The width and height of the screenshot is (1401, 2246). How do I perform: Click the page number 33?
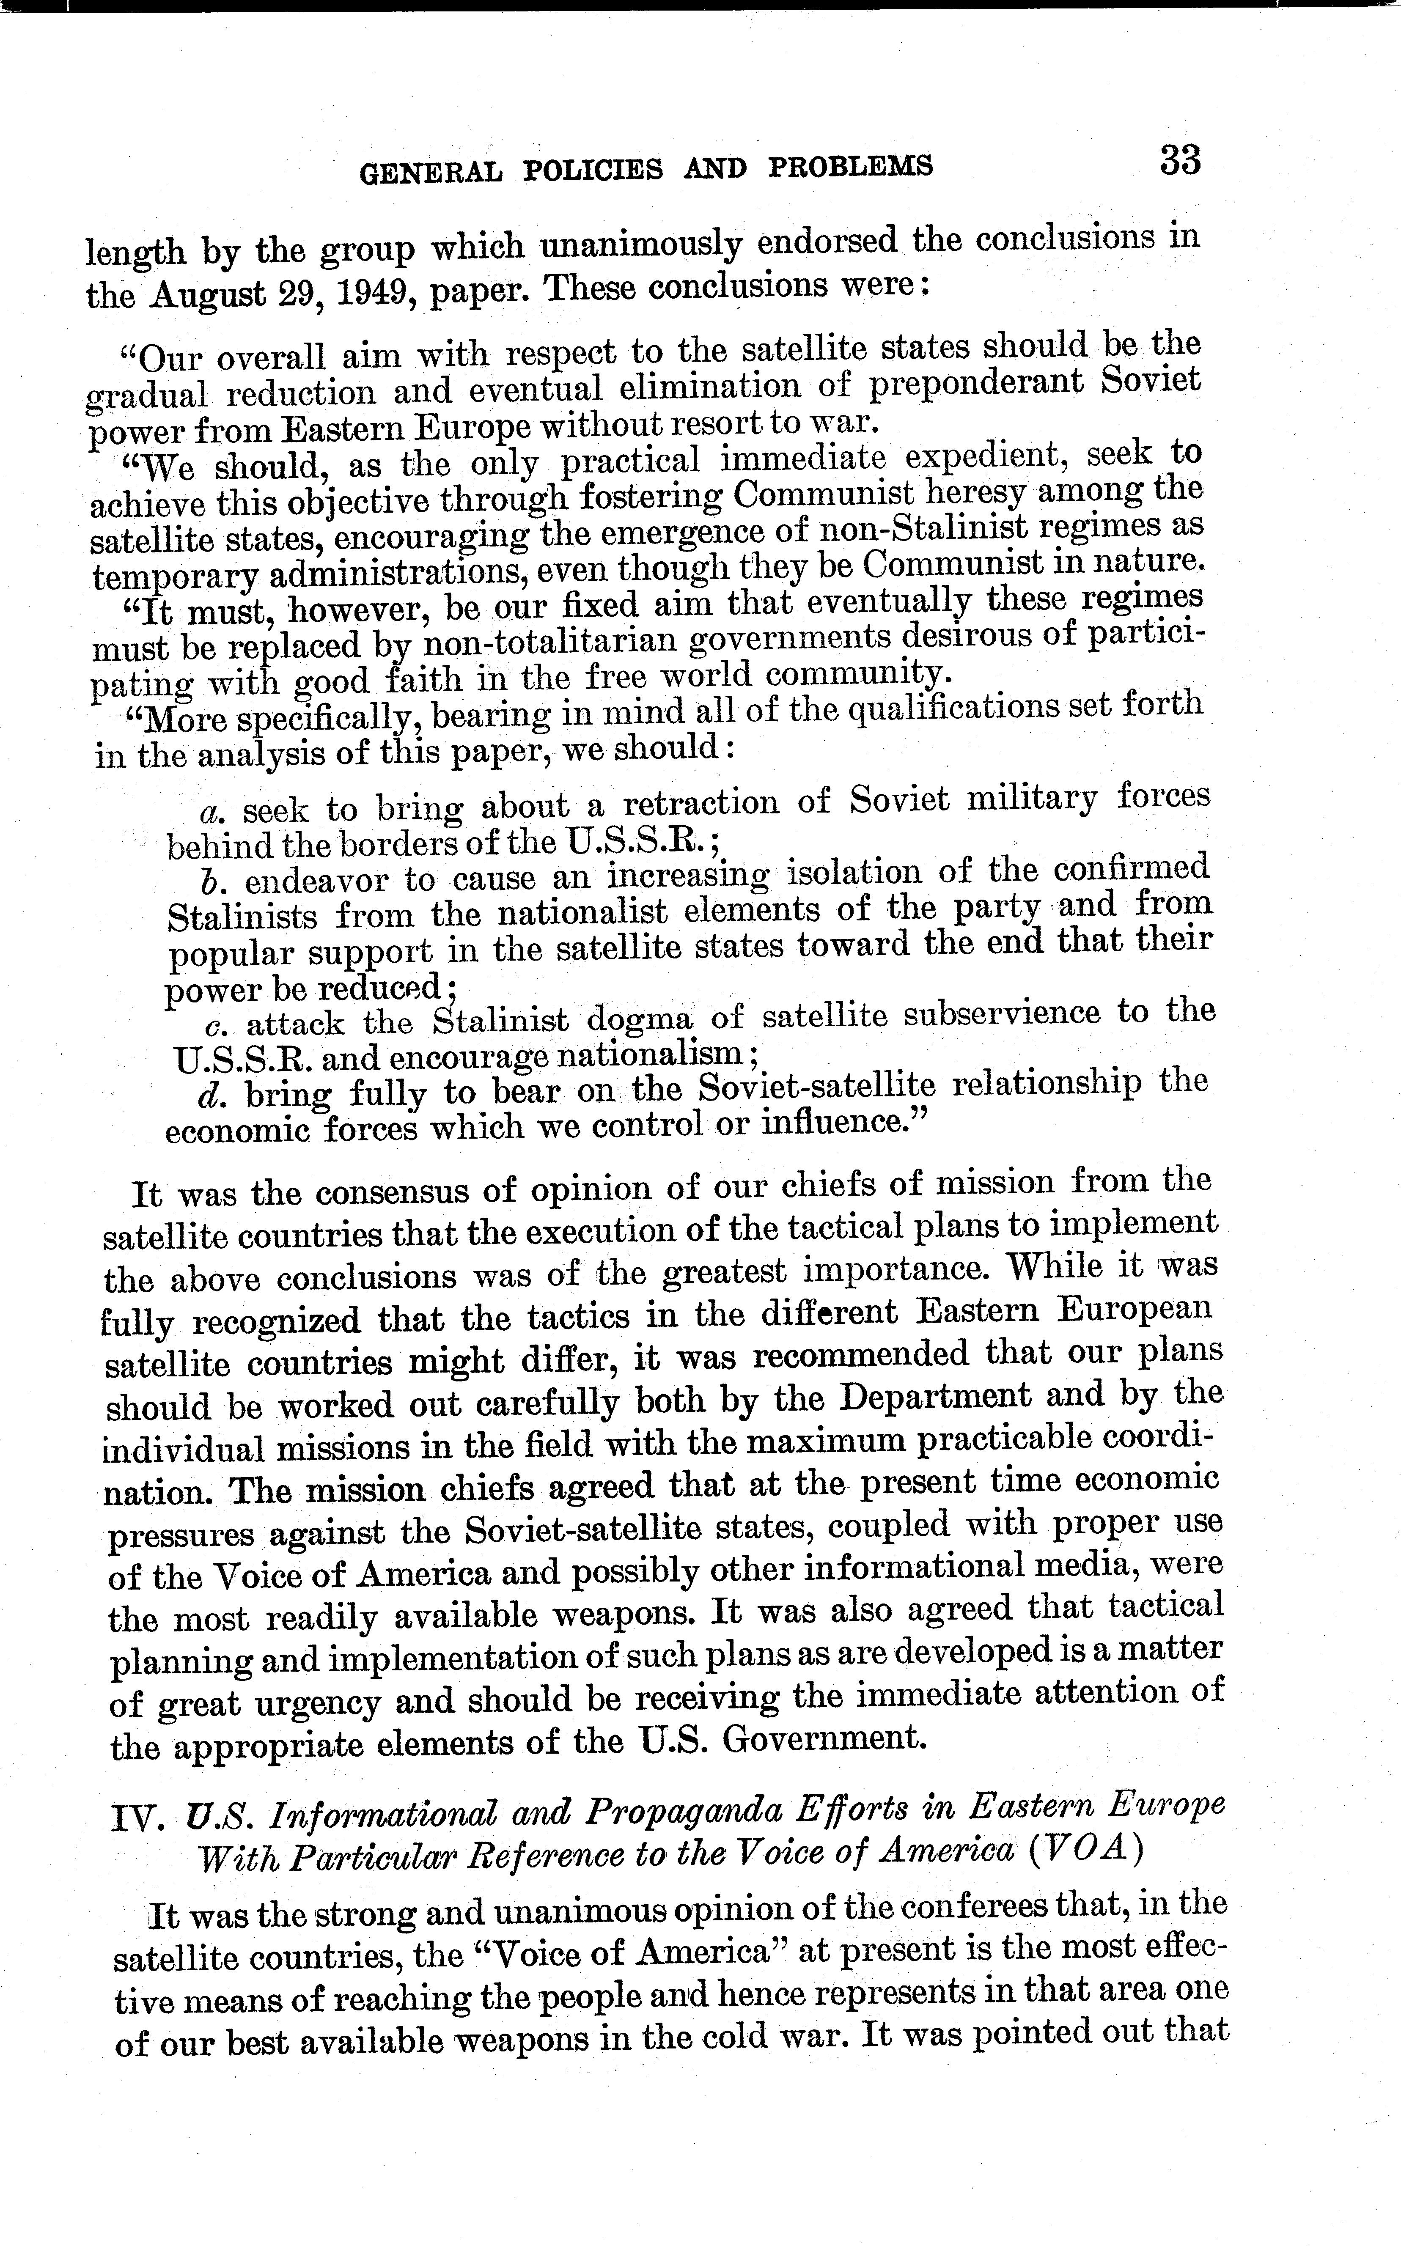1179,161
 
